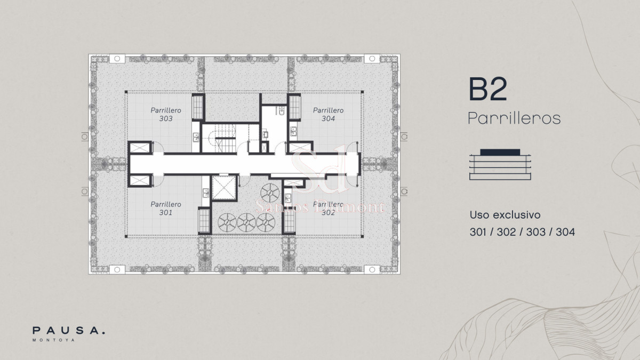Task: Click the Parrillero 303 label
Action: point(166,115)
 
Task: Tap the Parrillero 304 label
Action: point(328,115)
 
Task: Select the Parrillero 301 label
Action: point(166,209)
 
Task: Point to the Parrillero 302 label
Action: point(328,209)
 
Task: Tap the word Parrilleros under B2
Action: point(514,118)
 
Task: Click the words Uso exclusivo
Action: point(505,215)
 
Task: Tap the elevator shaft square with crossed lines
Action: point(223,187)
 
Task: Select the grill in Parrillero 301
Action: point(204,219)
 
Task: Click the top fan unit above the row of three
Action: point(270,192)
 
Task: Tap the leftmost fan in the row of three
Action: point(227,222)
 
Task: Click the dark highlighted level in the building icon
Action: point(500,152)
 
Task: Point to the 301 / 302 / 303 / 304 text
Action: point(522,232)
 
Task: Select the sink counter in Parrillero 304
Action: point(293,130)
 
